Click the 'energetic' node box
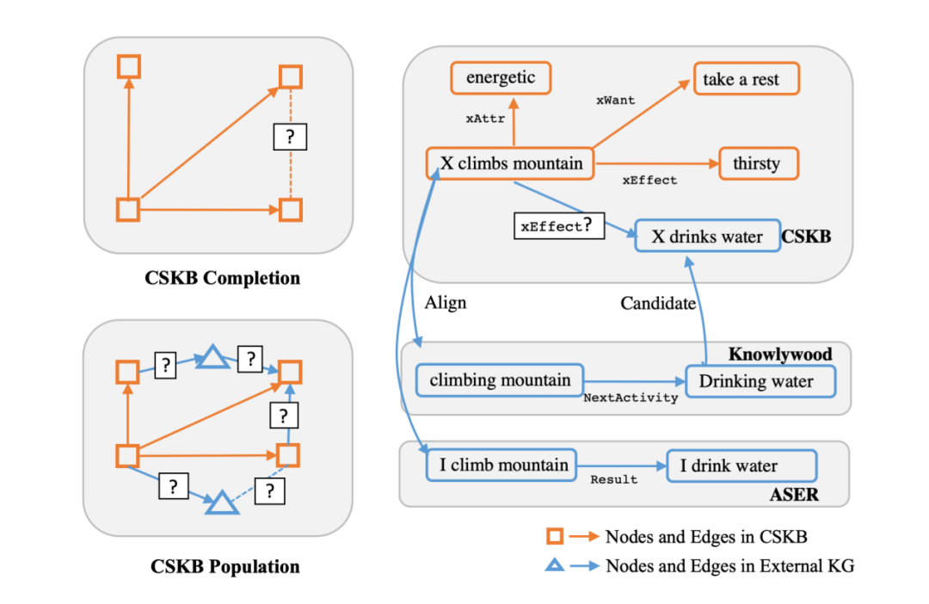(501, 78)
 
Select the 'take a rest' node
(746, 79)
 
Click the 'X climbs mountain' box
(511, 163)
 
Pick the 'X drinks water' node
(706, 236)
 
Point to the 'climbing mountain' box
(499, 379)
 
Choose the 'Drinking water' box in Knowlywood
(760, 380)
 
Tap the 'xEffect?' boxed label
(557, 226)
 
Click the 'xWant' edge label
(615, 101)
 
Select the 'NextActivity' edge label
(631, 398)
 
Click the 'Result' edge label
(613, 479)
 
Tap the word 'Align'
(446, 303)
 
